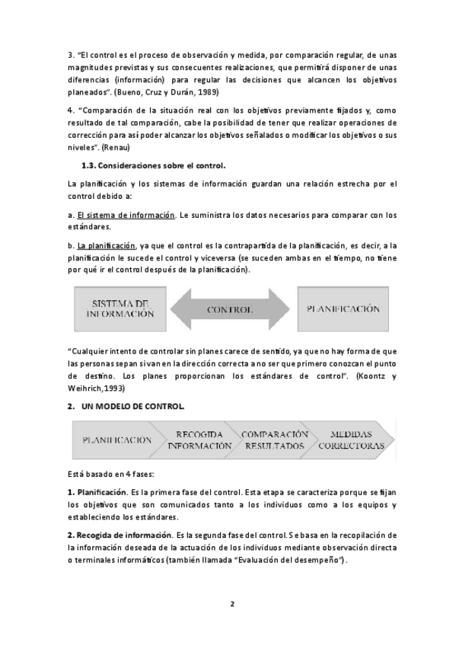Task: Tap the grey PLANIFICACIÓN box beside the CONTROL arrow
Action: tap(343, 309)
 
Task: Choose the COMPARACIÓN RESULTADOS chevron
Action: tap(274, 440)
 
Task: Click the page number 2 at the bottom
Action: tap(232, 604)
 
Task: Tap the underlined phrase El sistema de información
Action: tap(126, 215)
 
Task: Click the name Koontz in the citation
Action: tap(372, 376)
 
